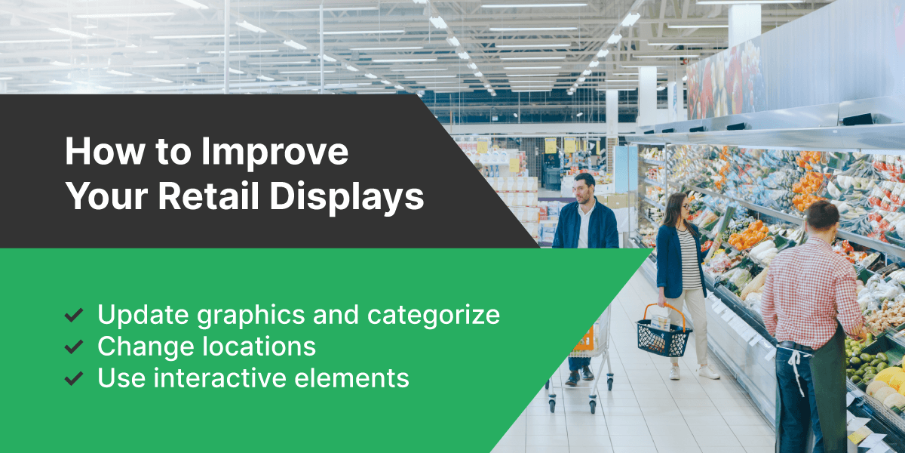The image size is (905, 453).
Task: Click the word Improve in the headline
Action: (275, 152)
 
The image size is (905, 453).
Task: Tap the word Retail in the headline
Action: (208, 196)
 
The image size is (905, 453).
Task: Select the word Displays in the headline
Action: (347, 197)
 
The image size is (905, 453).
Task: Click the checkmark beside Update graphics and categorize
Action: (74, 315)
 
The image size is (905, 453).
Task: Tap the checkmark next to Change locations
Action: (74, 347)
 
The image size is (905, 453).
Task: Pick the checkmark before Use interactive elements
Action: (74, 378)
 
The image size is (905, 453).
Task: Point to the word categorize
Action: (434, 315)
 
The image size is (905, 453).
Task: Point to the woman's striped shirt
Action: (689, 259)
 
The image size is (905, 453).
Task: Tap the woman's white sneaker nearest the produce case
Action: (709, 372)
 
